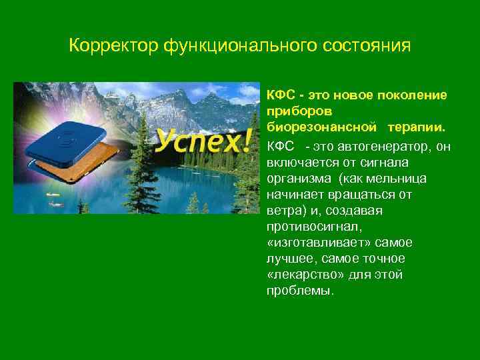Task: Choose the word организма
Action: click(x=299, y=179)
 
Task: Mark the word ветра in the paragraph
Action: click(x=283, y=211)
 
